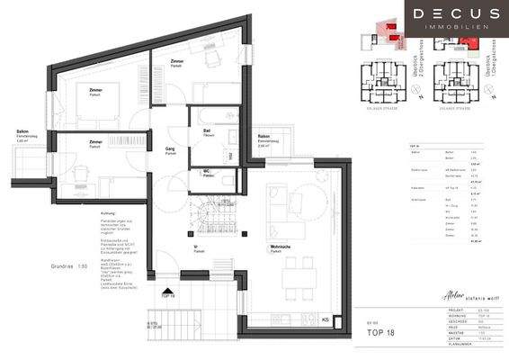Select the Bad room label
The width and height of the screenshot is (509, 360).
coord(207,129)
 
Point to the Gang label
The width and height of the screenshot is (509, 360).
coord(170,150)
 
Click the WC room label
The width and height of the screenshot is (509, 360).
coord(207,174)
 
